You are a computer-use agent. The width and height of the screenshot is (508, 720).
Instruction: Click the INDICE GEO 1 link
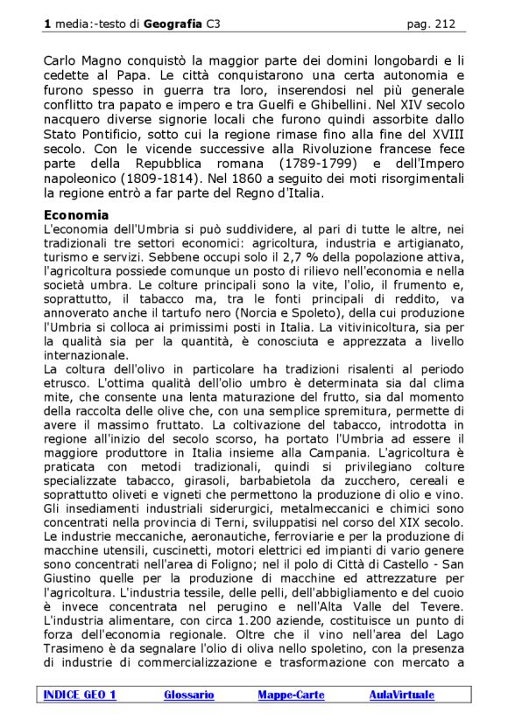[79, 695]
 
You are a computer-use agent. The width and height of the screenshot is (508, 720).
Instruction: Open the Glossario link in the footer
[188, 695]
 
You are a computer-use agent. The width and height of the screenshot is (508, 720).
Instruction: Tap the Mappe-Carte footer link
[291, 695]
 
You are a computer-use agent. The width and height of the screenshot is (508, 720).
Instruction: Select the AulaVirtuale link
[401, 695]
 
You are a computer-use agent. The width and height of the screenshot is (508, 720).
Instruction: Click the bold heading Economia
[76, 215]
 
